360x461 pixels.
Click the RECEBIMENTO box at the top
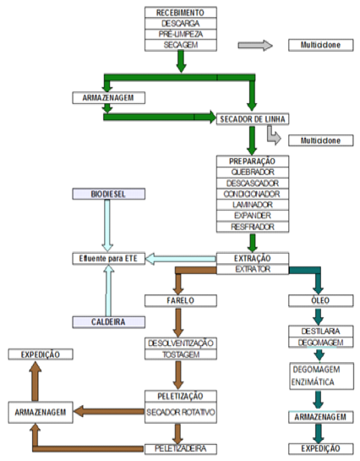181,13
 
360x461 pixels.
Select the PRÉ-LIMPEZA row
181,34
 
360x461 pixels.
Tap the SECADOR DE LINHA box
253,119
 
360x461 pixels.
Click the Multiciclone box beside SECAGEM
320,45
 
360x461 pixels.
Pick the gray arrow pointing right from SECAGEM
255,46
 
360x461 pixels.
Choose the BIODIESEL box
109,194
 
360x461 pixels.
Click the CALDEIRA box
109,322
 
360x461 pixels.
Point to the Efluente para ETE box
109,259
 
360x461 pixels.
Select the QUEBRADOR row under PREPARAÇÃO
253,172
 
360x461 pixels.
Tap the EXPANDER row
253,216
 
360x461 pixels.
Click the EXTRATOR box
253,269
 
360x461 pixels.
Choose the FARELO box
181,301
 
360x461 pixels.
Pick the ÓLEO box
320,301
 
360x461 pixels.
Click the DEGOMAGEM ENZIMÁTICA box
321,376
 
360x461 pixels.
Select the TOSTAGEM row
181,354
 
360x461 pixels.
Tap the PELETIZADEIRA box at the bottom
181,449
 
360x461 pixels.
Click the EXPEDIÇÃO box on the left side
41,354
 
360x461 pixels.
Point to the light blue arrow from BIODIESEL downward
107,226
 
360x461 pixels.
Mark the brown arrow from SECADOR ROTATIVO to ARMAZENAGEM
109,411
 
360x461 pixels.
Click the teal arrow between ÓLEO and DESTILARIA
319,316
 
